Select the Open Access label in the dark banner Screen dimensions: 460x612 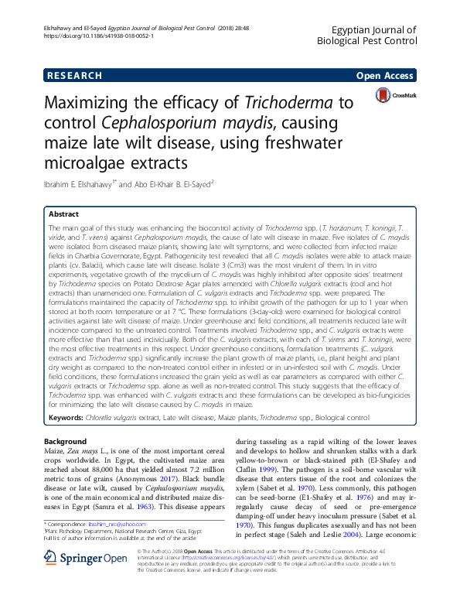pyautogui.click(x=383, y=76)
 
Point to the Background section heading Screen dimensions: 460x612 pyautogui.click(x=66, y=442)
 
